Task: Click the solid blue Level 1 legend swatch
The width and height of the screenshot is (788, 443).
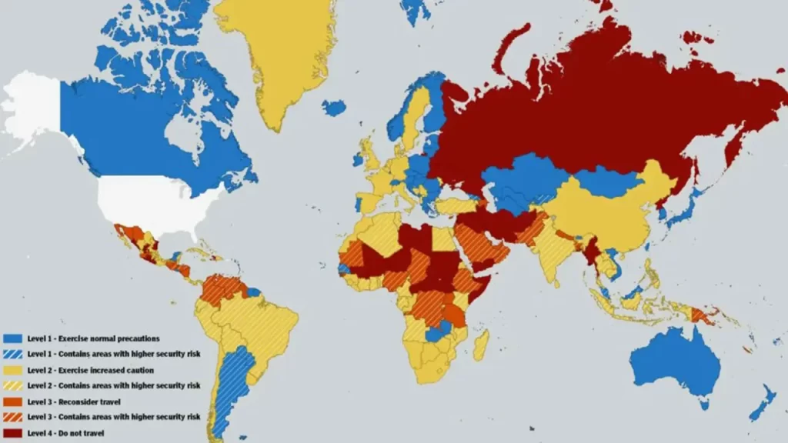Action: coord(12,338)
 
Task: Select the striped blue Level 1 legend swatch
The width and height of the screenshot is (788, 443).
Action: coord(12,354)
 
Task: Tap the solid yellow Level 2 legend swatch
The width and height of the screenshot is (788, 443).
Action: coord(12,369)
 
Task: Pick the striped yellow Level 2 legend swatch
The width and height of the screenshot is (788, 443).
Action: coord(12,385)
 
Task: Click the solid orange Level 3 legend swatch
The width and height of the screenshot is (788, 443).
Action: coord(12,401)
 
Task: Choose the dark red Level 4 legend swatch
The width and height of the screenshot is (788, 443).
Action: coord(12,432)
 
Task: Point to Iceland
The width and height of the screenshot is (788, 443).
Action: coord(334,108)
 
